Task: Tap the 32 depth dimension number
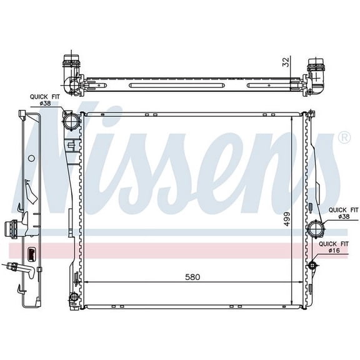[285, 62]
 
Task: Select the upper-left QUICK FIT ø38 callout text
[44, 100]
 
